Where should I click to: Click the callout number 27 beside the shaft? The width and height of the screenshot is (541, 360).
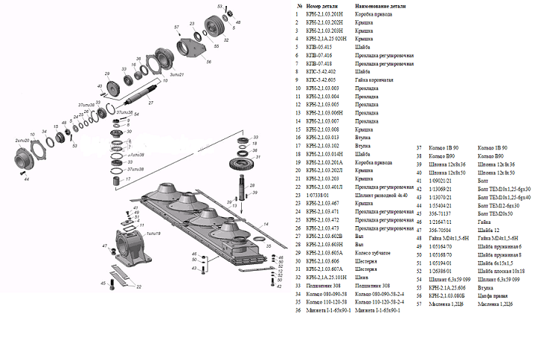point(150,103)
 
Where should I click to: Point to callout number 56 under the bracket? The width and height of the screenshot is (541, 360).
point(208,62)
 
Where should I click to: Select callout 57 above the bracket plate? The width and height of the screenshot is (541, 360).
point(176,28)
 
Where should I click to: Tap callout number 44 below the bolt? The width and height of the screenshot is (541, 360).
point(25,179)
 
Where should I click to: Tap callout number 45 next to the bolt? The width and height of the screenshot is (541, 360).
point(103,283)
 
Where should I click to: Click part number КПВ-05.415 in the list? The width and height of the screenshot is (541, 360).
point(319,47)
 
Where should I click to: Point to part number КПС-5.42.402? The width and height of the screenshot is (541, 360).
point(321,71)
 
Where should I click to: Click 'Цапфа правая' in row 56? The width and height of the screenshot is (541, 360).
point(491,295)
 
